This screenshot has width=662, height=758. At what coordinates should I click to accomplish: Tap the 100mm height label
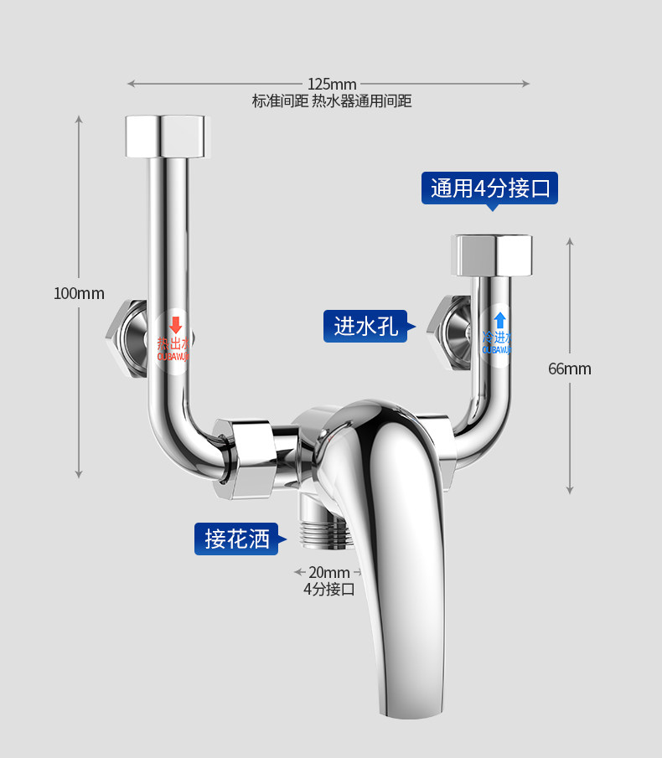tap(79, 293)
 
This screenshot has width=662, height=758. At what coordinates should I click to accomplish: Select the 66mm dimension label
tap(570, 369)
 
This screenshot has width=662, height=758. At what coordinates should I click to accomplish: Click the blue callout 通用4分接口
tap(489, 188)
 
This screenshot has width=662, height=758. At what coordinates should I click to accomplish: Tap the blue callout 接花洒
tap(237, 539)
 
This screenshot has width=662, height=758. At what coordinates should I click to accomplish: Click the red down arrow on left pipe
tap(176, 324)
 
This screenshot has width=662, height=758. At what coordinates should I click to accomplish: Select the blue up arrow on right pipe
tap(499, 319)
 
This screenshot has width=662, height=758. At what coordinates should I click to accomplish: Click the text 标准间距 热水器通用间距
tap(332, 101)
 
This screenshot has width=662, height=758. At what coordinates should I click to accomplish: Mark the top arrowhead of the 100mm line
tap(79, 118)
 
